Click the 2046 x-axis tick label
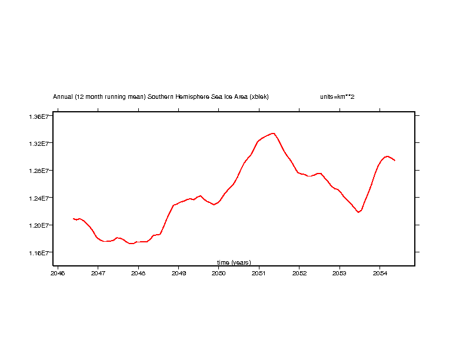[x=58, y=274]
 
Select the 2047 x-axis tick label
[x=98, y=274]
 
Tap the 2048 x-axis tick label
[x=138, y=274]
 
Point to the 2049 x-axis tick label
[x=179, y=274]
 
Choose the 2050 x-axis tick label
[x=219, y=274]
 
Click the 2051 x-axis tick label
[x=259, y=274]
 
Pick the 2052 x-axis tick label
[x=299, y=274]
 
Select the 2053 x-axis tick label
[x=339, y=274]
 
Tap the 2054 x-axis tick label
[x=380, y=274]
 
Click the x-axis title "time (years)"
[x=234, y=262]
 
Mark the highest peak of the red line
[x=274, y=133]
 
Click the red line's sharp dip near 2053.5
[x=358, y=212]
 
